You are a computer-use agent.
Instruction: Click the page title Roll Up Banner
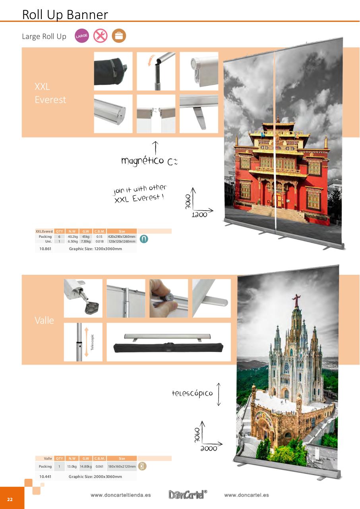pyautogui.click(x=65, y=14)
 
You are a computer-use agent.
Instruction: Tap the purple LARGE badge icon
pyautogui.click(x=82, y=36)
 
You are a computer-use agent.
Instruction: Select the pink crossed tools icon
pyautogui.click(x=101, y=36)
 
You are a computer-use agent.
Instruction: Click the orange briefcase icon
pyautogui.click(x=118, y=36)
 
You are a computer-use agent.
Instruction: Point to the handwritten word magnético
pyautogui.click(x=142, y=161)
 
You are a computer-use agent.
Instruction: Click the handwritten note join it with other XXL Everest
pyautogui.click(x=139, y=194)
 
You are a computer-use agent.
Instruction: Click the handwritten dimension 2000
pyautogui.click(x=209, y=448)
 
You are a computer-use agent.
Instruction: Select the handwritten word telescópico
pyautogui.click(x=192, y=393)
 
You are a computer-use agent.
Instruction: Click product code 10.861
pyautogui.click(x=45, y=249)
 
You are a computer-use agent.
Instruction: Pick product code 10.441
pyautogui.click(x=45, y=476)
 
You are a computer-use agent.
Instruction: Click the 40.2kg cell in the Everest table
pyautogui.click(x=72, y=237)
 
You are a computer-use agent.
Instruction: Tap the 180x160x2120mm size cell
pyautogui.click(x=122, y=466)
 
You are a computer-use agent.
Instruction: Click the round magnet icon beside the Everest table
pyautogui.click(x=144, y=239)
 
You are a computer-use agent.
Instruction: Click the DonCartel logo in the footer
pyautogui.click(x=187, y=495)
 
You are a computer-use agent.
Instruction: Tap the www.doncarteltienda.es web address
pyautogui.click(x=121, y=495)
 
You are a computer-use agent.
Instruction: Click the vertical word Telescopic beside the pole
pyautogui.click(x=92, y=342)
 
